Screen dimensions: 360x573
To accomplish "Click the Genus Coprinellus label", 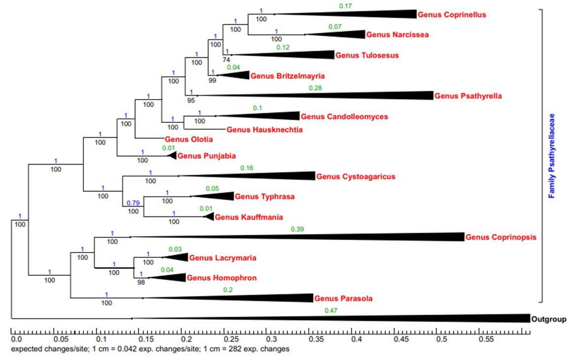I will point(452,14).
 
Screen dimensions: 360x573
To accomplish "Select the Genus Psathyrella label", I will point(468,96).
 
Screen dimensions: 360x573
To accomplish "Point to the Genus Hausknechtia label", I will point(265,130).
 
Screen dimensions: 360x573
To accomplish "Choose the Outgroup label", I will point(548,319).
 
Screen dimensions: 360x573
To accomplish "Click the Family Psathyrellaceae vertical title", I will point(552,156).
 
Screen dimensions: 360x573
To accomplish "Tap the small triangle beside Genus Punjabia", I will point(173,156).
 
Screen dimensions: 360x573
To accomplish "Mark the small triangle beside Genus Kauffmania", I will point(210,217).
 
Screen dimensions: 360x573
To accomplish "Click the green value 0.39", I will point(297,229).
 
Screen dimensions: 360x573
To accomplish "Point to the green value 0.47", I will point(331,311).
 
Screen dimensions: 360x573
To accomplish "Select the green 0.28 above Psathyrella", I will point(315,88).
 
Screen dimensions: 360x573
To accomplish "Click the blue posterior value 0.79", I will point(133,203).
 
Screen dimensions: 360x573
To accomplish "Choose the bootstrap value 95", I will point(191,100).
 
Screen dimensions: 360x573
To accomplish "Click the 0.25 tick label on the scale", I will point(230,340).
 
